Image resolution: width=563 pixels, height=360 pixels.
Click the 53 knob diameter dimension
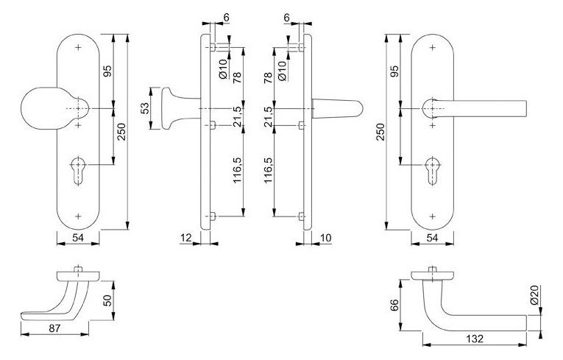[145, 108]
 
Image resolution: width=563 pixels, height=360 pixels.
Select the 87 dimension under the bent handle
[55, 328]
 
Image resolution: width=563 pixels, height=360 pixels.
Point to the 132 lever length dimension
[475, 339]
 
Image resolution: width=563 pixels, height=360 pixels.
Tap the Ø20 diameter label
[534, 295]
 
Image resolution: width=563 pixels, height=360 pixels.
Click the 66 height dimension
[394, 305]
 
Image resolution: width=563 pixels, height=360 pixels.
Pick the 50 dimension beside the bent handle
[107, 300]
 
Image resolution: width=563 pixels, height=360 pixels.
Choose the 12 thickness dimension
[186, 237]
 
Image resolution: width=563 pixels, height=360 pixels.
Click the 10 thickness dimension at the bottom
[326, 238]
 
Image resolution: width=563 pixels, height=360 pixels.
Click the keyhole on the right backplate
[432, 171]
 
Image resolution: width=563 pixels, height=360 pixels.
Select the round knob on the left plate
[54, 107]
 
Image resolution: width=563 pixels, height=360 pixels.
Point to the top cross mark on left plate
[78, 47]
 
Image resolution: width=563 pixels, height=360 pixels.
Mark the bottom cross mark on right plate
[433, 216]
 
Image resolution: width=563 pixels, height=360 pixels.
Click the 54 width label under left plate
[78, 237]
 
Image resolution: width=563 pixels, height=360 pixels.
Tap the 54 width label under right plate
[432, 238]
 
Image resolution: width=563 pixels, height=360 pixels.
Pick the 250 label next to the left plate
[121, 132]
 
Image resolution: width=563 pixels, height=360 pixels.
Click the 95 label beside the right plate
[394, 71]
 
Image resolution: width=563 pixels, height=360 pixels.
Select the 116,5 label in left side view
[237, 170]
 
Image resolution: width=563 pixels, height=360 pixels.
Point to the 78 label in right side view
[268, 77]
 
